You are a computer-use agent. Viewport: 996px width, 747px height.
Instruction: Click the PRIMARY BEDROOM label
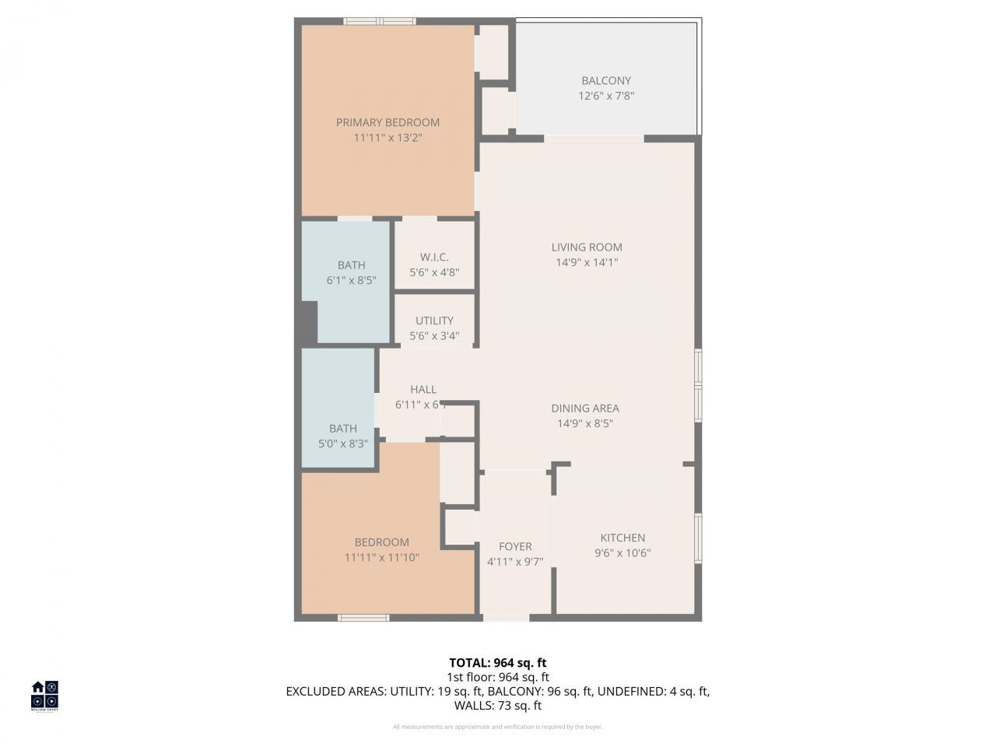tap(388, 122)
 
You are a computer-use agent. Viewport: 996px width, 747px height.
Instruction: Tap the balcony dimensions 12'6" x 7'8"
tap(606, 96)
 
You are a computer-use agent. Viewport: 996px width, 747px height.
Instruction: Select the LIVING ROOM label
tap(587, 247)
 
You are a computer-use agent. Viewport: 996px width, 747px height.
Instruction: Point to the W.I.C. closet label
tap(434, 258)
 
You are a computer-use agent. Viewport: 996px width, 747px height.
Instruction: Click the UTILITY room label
tap(434, 321)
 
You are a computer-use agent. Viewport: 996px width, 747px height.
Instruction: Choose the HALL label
tap(423, 389)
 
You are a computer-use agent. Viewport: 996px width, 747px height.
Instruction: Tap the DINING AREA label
tap(585, 409)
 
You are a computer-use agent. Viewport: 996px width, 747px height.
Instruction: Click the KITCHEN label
tap(622, 538)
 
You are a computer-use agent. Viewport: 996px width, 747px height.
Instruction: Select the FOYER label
tap(515, 547)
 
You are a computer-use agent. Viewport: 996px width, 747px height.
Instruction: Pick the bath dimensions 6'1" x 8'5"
tap(351, 280)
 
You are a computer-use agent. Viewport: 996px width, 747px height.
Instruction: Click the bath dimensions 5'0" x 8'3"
tap(342, 444)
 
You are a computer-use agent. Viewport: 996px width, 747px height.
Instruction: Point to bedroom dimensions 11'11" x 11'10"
tap(381, 557)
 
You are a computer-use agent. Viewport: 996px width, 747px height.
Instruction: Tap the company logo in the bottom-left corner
tap(44, 695)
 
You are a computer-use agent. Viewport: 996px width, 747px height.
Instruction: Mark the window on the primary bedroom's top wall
tap(380, 21)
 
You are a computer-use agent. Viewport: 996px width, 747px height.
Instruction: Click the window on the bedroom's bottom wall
tap(363, 618)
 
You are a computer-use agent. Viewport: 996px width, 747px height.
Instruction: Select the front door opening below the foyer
tap(507, 618)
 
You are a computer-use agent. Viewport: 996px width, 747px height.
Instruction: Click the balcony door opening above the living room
tap(594, 139)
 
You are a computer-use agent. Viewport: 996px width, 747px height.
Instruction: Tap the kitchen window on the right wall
tap(698, 537)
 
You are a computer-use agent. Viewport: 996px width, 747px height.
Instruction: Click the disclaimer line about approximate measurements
tap(497, 727)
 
